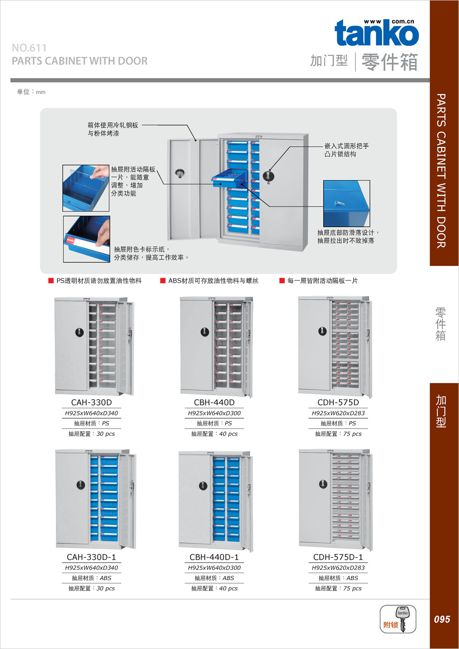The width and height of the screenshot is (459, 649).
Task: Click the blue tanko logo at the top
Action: click(377, 32)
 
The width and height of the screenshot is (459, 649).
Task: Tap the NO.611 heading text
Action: click(29, 48)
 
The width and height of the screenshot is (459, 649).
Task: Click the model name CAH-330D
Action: click(91, 402)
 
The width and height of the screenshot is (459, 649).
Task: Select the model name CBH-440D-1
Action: click(214, 557)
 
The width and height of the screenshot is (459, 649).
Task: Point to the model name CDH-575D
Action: click(338, 402)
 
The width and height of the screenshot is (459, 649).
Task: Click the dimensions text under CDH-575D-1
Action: click(338, 568)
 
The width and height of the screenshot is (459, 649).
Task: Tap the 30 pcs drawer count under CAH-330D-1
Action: click(105, 588)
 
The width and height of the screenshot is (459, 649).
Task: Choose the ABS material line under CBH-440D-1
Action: click(214, 578)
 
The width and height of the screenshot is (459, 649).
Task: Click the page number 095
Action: click(442, 619)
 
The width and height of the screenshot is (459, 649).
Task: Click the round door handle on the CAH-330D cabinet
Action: click(80, 332)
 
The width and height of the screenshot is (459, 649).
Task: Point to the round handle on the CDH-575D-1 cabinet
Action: click(323, 484)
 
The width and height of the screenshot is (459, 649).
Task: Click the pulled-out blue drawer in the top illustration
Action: click(230, 178)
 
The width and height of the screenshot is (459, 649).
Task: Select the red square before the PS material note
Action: click(51, 280)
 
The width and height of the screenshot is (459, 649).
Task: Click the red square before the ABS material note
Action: click(163, 280)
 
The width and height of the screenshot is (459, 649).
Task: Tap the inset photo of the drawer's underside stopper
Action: click(347, 203)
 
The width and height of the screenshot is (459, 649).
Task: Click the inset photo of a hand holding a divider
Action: click(86, 188)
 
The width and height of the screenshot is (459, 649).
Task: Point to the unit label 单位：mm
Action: click(31, 92)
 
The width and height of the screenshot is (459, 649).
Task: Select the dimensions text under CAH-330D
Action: click(91, 413)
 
